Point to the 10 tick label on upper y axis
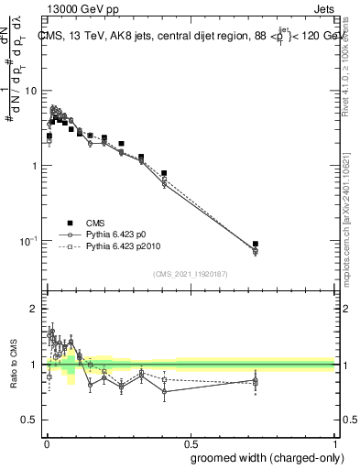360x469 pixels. tap(30, 92)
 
